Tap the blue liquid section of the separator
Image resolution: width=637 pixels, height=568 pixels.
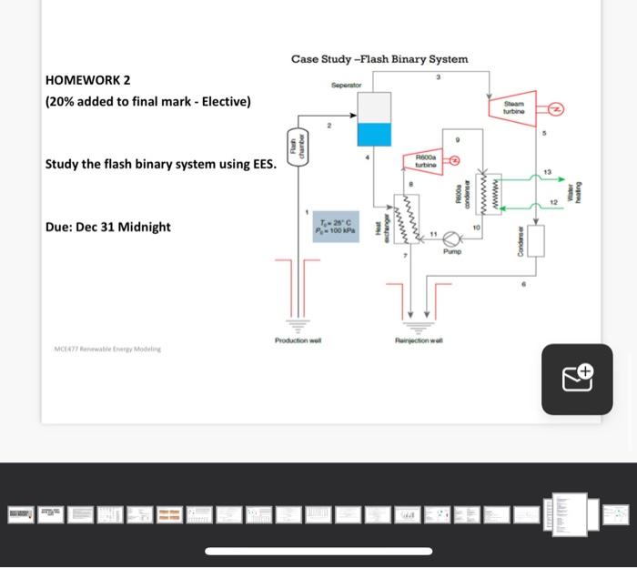coord(372,135)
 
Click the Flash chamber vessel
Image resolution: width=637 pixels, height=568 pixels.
coord(293,147)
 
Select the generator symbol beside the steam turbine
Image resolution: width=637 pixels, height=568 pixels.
coord(555,108)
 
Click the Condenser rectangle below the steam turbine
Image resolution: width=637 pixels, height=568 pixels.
coord(535,240)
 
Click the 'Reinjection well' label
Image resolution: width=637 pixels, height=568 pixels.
coord(419,340)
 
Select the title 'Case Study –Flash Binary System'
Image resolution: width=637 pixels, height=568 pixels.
coord(379,59)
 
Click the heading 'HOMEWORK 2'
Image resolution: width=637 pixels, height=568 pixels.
coord(87,80)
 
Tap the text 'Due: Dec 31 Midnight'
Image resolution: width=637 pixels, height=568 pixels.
coord(107,227)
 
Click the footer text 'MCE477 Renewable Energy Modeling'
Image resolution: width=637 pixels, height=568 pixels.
coord(106,349)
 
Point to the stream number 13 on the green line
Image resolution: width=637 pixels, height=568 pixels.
coord(547,171)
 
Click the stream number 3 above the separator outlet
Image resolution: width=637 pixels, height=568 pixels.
coord(438,77)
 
